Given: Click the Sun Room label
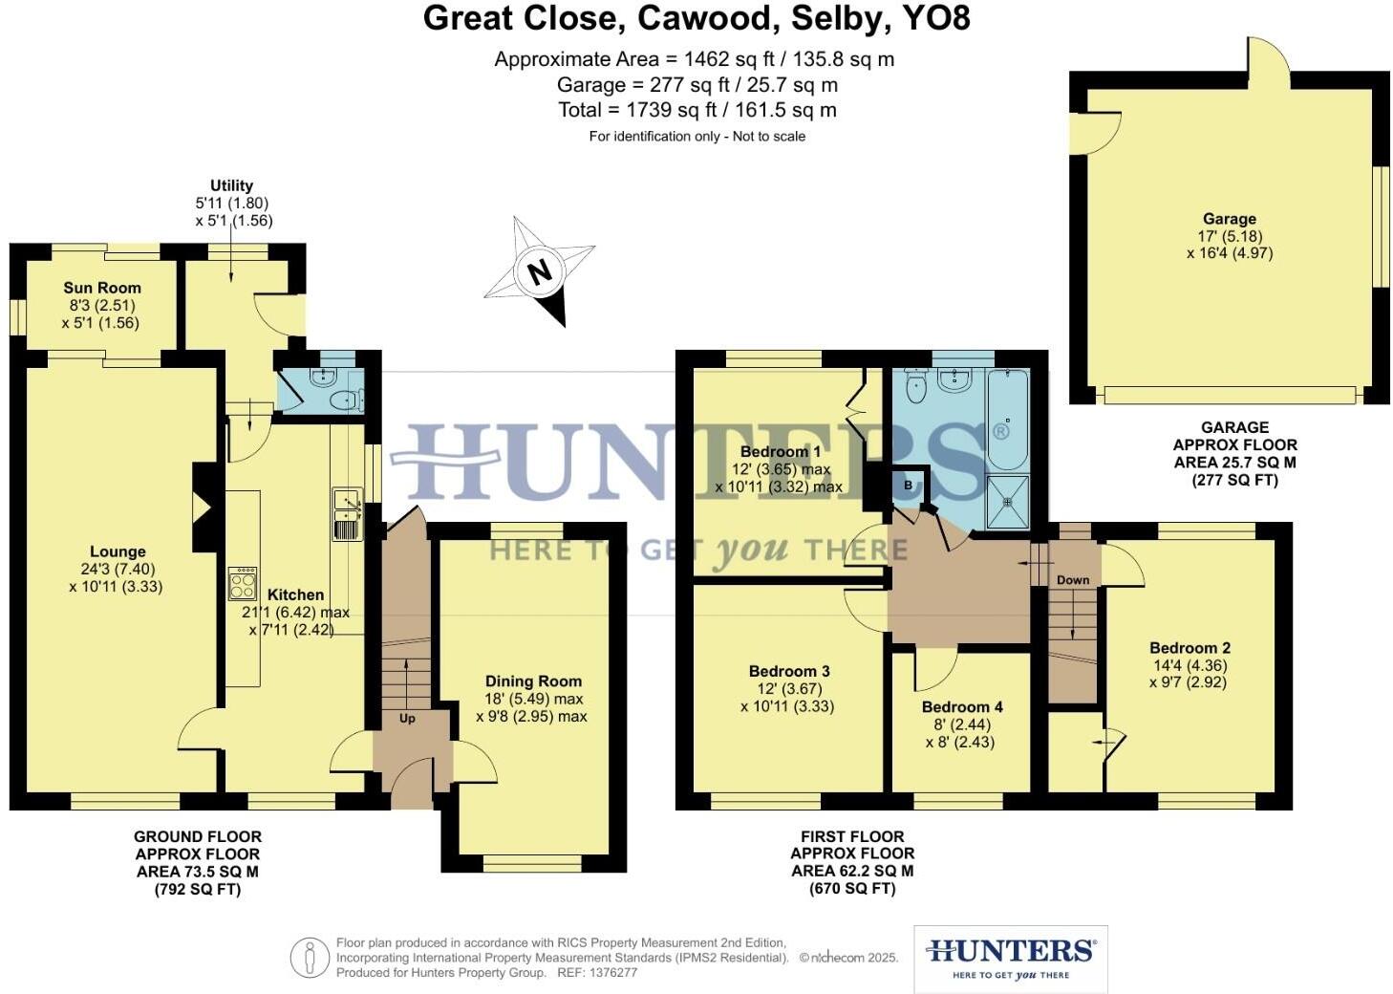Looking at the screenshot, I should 102,288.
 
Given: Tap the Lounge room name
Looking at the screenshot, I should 118,551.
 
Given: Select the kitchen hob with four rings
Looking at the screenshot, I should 243,582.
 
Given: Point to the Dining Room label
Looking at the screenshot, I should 533,681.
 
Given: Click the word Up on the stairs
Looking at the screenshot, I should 407,719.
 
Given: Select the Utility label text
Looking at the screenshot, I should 231,185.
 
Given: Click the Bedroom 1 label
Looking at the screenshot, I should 781,452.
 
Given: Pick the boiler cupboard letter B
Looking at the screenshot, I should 908,485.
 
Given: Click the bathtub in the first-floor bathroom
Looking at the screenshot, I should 1007,421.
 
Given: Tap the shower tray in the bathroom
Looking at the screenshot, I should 1007,502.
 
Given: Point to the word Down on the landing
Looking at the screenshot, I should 1073,580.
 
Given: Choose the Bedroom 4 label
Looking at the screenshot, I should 962,707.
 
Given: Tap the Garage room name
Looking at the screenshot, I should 1230,219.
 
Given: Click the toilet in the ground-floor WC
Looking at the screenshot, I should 344,400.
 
